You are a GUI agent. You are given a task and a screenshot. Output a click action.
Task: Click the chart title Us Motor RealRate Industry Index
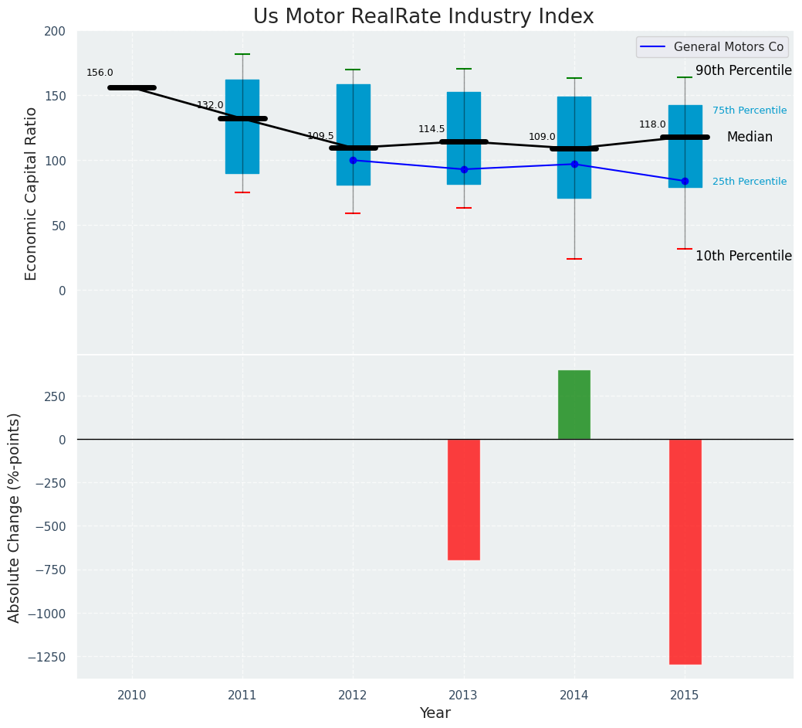click(423, 17)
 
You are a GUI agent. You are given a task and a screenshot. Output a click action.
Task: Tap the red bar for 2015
click(685, 551)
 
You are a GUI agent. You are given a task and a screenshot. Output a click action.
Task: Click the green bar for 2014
click(574, 404)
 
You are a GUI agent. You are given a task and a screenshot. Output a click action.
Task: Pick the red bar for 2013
click(464, 499)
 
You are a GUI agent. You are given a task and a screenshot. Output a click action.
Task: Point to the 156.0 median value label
click(100, 73)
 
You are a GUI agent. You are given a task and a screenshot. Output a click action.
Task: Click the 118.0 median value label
click(652, 124)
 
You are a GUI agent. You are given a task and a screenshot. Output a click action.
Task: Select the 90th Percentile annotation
click(743, 71)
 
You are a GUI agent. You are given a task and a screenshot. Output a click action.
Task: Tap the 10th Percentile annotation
click(743, 256)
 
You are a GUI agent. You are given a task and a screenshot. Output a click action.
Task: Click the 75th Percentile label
click(750, 111)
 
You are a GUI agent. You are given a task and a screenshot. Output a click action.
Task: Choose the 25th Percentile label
click(750, 182)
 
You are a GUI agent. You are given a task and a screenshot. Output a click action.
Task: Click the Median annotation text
click(750, 138)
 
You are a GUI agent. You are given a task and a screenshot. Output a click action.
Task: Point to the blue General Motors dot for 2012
click(353, 160)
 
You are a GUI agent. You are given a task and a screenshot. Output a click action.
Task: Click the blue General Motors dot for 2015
click(685, 181)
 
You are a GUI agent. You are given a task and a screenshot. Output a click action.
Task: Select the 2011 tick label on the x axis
click(242, 696)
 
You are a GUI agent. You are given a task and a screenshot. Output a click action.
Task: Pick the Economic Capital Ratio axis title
click(31, 193)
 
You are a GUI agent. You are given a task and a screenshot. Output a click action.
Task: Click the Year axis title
click(435, 713)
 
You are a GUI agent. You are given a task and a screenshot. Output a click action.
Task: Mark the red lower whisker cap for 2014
click(574, 259)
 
